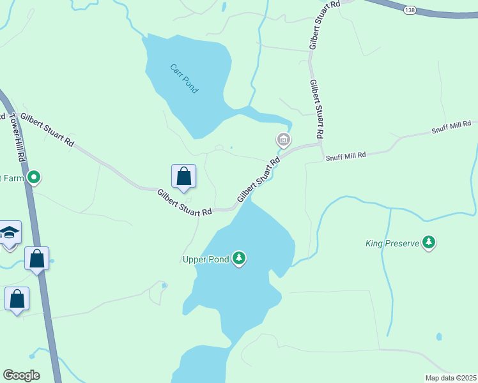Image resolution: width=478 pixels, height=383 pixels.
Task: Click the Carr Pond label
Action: tap(184, 79)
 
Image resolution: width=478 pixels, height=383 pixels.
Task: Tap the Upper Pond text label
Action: tap(206, 259)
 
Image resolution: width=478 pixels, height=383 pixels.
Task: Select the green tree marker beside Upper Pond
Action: tap(239, 259)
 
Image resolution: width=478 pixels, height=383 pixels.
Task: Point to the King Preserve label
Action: tap(392, 243)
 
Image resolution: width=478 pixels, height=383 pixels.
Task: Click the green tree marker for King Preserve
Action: tap(429, 243)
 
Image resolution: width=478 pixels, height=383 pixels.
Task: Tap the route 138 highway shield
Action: tap(410, 10)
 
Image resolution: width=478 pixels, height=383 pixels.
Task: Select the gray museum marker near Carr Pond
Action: tap(283, 139)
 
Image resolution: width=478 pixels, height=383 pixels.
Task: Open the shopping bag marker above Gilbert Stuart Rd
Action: tap(183, 177)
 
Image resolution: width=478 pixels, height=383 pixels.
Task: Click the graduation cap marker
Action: tap(10, 232)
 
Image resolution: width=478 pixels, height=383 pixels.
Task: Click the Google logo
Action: tap(21, 375)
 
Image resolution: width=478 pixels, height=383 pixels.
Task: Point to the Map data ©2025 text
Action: tap(450, 378)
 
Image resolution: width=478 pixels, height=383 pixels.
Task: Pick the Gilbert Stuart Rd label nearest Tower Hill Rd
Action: tap(47, 130)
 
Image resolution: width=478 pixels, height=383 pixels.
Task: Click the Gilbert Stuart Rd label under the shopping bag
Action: tap(185, 202)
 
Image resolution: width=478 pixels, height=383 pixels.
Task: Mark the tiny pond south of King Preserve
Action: tap(438, 336)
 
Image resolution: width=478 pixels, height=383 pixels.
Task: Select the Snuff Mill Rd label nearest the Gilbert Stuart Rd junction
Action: tap(345, 156)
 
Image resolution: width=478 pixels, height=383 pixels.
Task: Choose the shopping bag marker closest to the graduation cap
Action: tap(36, 259)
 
